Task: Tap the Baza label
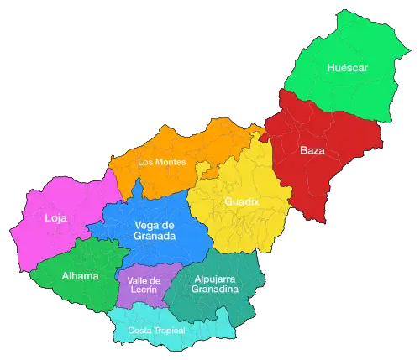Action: [312, 151]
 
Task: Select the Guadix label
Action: [241, 202]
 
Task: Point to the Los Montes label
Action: [161, 162]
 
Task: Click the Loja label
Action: [55, 219]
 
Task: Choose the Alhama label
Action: [80, 275]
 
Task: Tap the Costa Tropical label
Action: [156, 330]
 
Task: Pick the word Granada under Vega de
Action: [155, 237]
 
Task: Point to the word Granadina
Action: [215, 290]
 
